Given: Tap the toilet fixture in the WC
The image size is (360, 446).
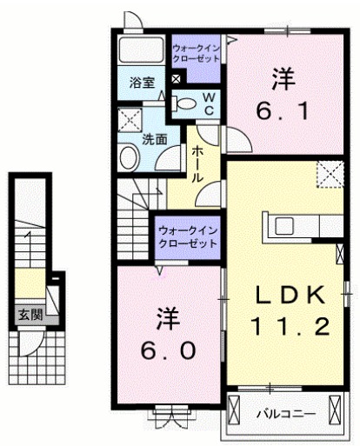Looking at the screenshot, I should [x=185, y=103].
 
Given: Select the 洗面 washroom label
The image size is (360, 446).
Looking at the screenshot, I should [x=155, y=138].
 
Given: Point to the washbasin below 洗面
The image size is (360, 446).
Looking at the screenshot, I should [x=129, y=158].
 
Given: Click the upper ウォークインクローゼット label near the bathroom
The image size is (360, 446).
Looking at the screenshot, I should [x=197, y=51].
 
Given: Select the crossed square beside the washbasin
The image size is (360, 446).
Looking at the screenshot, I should [x=129, y=121].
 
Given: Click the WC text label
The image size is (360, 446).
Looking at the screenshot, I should [x=211, y=103].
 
